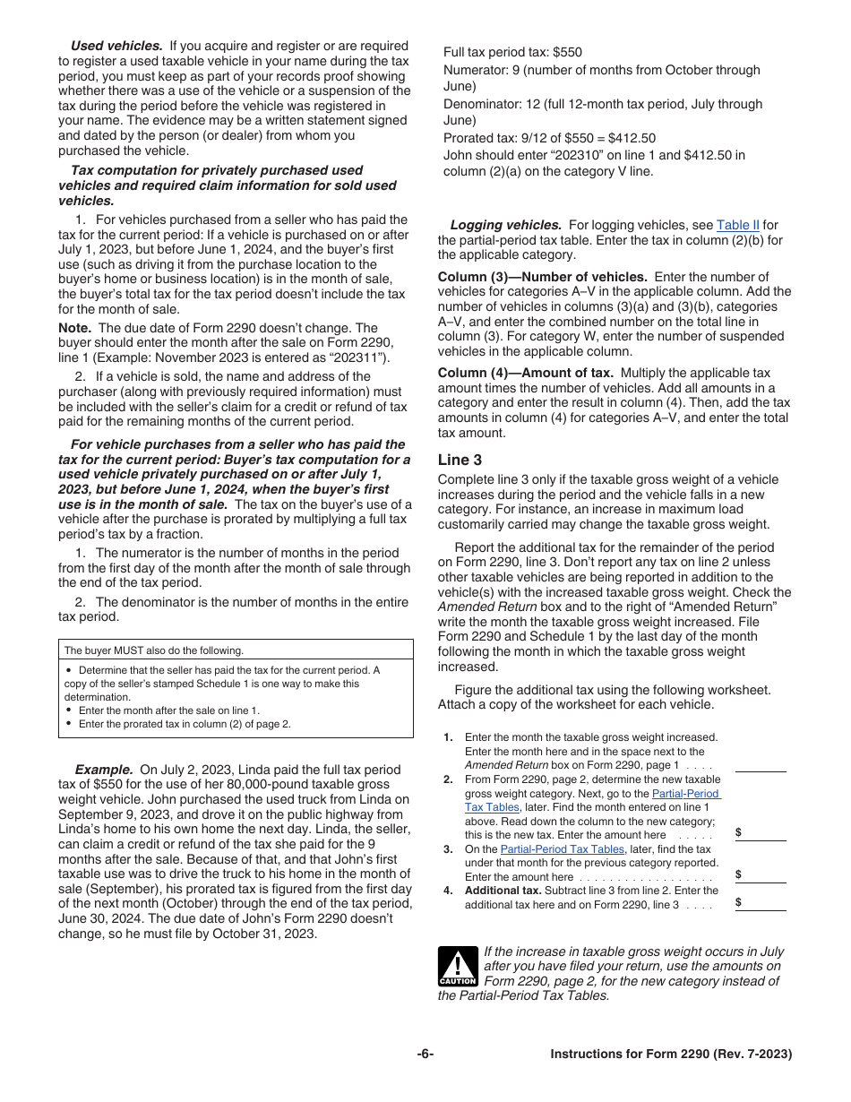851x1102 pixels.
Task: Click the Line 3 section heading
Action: pos(460,460)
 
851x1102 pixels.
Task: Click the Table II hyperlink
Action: pos(737,225)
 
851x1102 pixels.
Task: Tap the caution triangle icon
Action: pos(457,966)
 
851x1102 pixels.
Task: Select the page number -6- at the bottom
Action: pos(425,1055)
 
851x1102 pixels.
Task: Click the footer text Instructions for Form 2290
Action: pos(671,1055)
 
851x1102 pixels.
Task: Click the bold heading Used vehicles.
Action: pos(116,46)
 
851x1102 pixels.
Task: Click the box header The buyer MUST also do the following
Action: pos(153,650)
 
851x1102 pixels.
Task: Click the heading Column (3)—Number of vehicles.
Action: pos(542,277)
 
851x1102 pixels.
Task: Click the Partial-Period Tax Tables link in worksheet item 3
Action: pos(562,849)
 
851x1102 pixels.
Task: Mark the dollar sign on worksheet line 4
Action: pos(738,902)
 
